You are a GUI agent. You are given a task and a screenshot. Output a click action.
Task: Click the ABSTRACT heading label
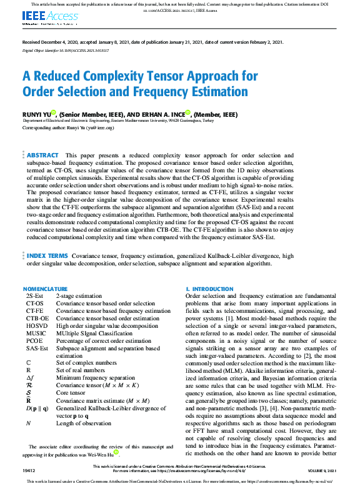[x=43, y=155]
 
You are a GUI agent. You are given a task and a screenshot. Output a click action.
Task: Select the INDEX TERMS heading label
[x=47, y=256]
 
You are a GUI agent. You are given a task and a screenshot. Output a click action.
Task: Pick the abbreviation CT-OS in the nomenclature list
[x=34, y=303]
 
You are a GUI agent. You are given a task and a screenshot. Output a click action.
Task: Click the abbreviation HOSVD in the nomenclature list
[x=37, y=326]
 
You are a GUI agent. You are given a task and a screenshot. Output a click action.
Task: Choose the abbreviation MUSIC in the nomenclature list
[x=36, y=333]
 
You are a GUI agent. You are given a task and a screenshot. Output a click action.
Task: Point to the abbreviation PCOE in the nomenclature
[x=35, y=341]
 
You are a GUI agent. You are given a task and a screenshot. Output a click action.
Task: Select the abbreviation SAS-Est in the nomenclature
[x=37, y=348]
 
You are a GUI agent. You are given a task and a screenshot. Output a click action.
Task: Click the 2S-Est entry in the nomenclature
[x=35, y=295]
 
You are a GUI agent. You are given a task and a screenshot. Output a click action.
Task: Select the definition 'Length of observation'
[x=82, y=423]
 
